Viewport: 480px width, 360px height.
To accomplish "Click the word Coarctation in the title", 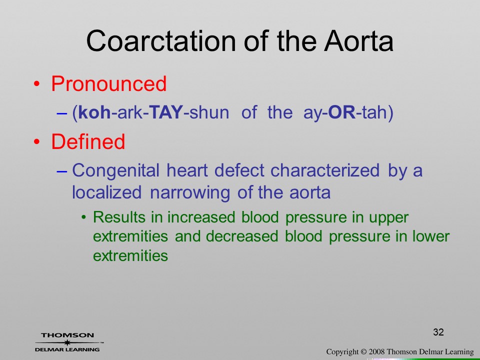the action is [x=161, y=41].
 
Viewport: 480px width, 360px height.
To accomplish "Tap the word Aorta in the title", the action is [x=359, y=41].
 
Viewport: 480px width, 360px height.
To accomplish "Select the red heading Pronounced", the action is [x=109, y=84].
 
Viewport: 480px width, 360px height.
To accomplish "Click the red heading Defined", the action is [x=88, y=141].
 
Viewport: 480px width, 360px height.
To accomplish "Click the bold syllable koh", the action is [x=94, y=112].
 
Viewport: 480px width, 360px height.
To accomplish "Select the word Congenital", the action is [x=115, y=171].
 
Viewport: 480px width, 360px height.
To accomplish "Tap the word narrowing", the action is [x=190, y=193].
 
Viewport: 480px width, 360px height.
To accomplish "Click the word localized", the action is [x=107, y=192].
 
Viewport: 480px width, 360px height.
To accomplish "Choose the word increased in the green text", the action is [x=201, y=217].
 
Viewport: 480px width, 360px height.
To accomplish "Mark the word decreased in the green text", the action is [x=242, y=236].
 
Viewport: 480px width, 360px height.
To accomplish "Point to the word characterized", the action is [x=325, y=170].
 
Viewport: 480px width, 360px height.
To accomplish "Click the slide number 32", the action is [x=438, y=332].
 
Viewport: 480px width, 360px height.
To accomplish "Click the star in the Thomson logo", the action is [x=67, y=342].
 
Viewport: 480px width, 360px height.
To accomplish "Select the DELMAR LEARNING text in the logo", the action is [x=67, y=349].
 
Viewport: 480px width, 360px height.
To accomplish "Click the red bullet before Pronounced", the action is [x=36, y=84].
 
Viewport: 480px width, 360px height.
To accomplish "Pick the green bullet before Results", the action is [x=83, y=217].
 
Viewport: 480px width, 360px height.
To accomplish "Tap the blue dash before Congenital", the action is [x=62, y=171].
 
